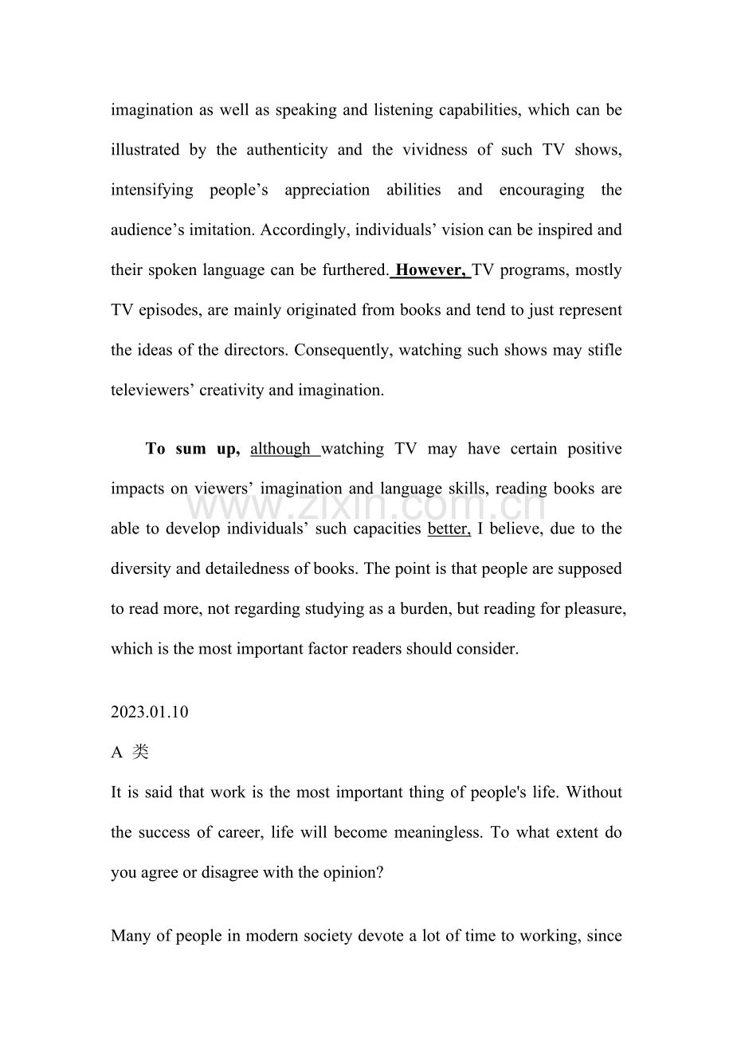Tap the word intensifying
(151, 190)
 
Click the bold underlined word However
(430, 269)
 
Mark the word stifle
(604, 349)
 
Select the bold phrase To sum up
(192, 449)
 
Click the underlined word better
(449, 529)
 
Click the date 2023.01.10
(150, 712)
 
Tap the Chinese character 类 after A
(140, 752)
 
